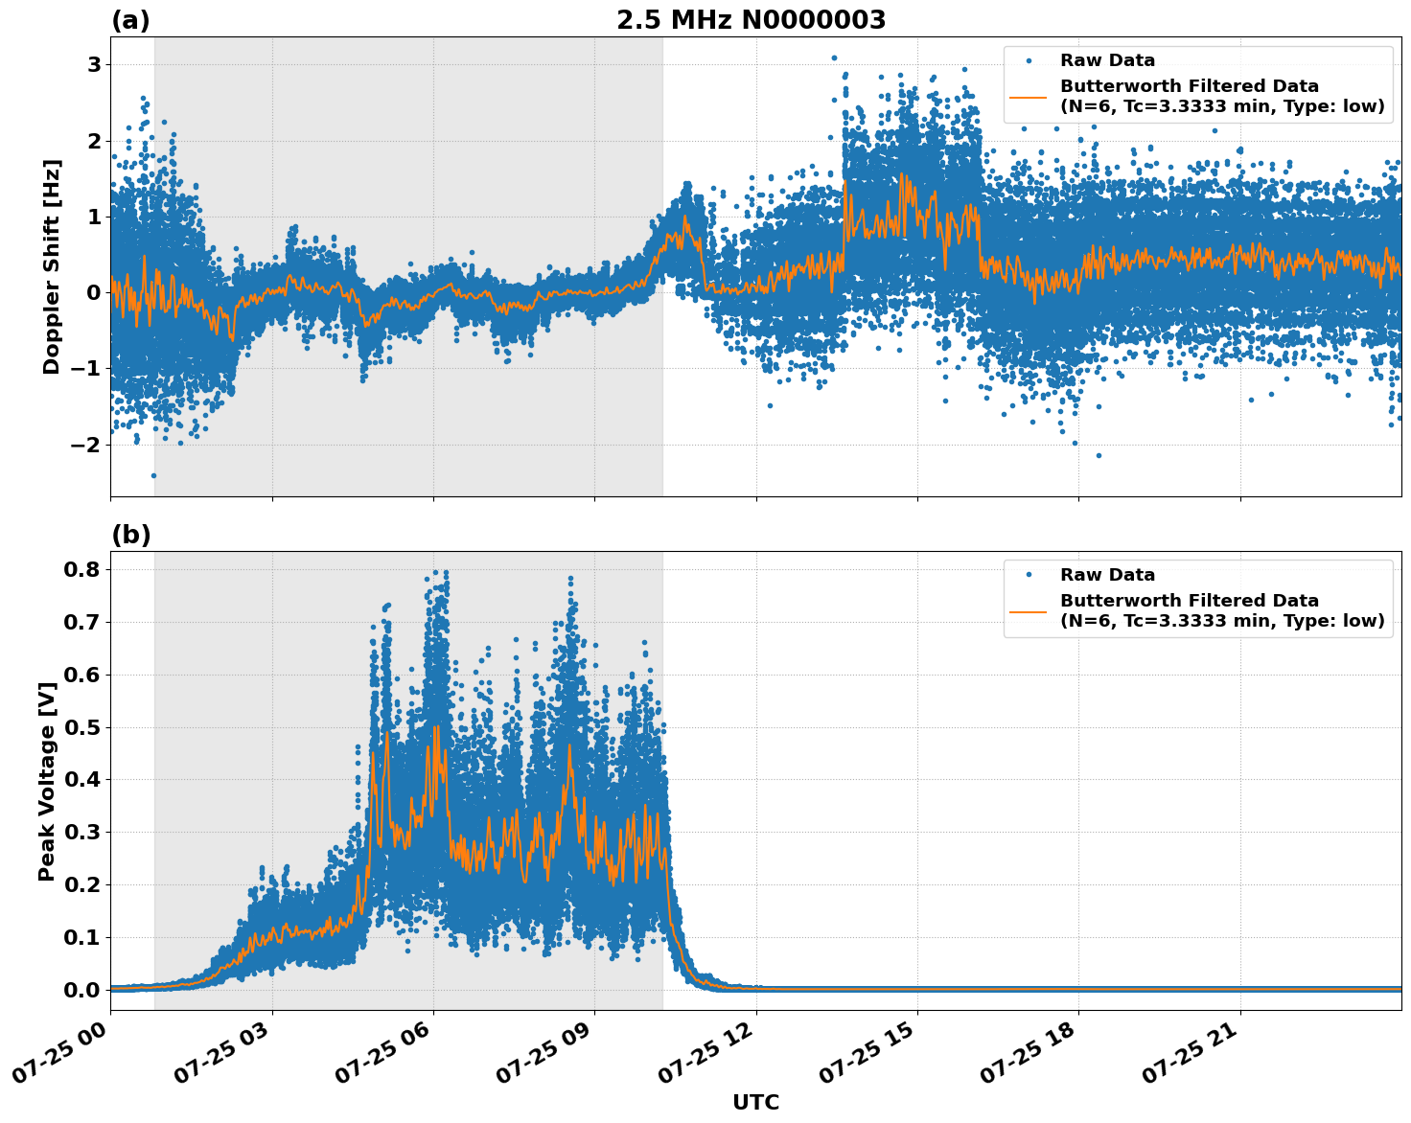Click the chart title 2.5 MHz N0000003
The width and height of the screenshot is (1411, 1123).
pyautogui.click(x=751, y=20)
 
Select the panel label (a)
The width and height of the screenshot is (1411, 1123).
pyautogui.click(x=130, y=20)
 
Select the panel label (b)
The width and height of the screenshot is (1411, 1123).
pyautogui.click(x=130, y=535)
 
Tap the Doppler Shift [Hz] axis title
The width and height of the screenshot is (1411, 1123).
pyautogui.click(x=52, y=266)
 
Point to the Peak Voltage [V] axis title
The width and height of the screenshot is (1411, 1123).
pyautogui.click(x=47, y=781)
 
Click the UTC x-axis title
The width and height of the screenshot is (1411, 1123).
pyautogui.click(x=755, y=1102)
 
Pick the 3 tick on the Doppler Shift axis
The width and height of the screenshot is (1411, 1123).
pyautogui.click(x=95, y=64)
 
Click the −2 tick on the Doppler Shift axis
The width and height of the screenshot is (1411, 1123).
pyautogui.click(x=88, y=445)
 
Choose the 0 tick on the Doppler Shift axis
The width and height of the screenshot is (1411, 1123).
pyautogui.click(x=95, y=292)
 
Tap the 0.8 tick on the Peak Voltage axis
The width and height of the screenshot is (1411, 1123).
pyautogui.click(x=82, y=569)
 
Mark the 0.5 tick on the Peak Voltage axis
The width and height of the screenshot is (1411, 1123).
pyautogui.click(x=82, y=727)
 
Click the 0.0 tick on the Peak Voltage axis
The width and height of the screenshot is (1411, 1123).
pyautogui.click(x=82, y=990)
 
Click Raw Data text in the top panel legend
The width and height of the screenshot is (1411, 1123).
pyautogui.click(x=1107, y=60)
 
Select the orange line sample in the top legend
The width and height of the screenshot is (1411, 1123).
pyautogui.click(x=1029, y=97)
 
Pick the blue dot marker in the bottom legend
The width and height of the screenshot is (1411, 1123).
pyautogui.click(x=1029, y=575)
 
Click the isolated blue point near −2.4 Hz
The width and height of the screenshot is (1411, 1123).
pyautogui.click(x=153, y=475)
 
